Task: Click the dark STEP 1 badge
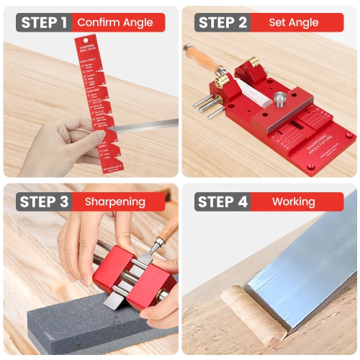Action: [43, 22]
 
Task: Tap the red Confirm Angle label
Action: [115, 22]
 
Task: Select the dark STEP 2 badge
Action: [223, 22]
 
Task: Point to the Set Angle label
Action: [294, 22]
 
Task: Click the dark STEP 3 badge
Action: [43, 202]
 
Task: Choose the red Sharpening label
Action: [115, 202]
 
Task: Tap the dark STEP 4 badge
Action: [222, 202]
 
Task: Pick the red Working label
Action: [294, 202]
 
